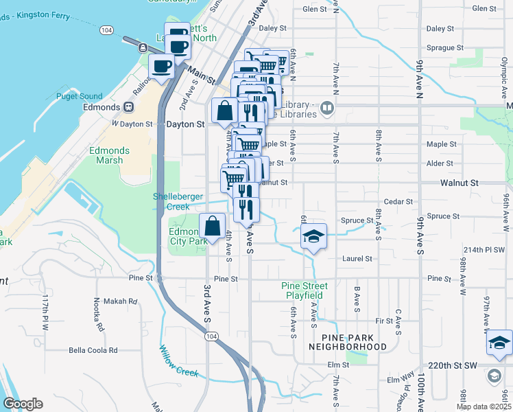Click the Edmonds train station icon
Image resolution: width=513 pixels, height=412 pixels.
(128, 107)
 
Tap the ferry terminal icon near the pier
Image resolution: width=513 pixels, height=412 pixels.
(142, 47)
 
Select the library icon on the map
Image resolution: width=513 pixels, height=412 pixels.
(327, 108)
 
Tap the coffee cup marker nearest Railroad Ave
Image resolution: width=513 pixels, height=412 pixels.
(162, 67)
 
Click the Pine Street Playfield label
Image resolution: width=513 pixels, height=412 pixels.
(305, 290)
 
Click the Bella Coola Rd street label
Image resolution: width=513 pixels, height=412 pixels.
(93, 350)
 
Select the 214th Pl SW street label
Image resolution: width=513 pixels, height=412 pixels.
(484, 249)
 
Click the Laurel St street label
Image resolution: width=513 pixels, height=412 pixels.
(357, 259)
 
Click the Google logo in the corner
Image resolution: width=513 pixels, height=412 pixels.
(22, 404)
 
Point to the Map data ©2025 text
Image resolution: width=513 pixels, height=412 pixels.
(483, 407)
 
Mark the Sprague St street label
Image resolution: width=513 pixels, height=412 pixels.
(440, 48)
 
